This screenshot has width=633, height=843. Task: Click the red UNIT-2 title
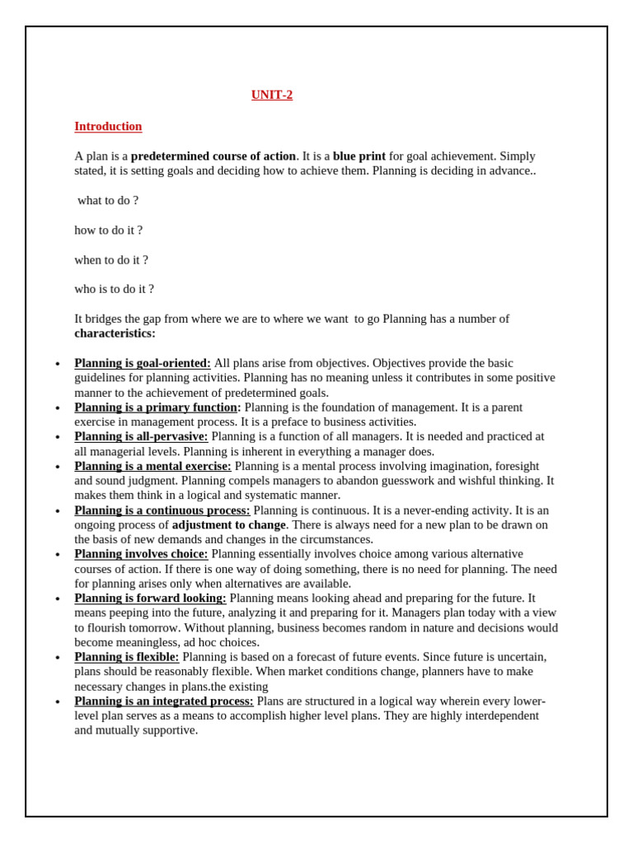tap(272, 95)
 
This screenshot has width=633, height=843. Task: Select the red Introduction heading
tap(108, 127)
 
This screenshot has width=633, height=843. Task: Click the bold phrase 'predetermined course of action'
tap(213, 156)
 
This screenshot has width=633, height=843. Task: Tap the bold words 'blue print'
tap(359, 156)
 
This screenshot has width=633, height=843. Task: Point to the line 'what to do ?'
tap(108, 201)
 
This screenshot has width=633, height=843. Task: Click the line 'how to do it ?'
tap(108, 231)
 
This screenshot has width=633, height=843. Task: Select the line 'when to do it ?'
tap(111, 260)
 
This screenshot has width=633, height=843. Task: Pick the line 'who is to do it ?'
tap(114, 290)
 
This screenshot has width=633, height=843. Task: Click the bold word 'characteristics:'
tap(115, 334)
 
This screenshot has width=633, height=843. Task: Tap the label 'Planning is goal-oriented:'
tap(142, 364)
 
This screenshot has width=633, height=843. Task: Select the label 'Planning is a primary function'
tap(156, 408)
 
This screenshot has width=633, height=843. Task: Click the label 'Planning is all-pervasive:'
tap(141, 437)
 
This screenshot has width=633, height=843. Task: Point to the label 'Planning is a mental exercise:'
tap(152, 467)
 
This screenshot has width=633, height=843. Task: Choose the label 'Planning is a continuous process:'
tap(162, 510)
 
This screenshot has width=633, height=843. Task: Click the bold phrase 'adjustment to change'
tap(228, 525)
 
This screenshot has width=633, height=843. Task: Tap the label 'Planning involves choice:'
tap(141, 555)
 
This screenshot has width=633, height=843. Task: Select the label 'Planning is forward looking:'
tap(150, 598)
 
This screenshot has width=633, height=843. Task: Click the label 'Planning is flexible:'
tap(126, 658)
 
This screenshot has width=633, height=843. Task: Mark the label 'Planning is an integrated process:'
tap(163, 701)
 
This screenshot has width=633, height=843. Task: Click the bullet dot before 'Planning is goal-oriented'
tap(58, 365)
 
